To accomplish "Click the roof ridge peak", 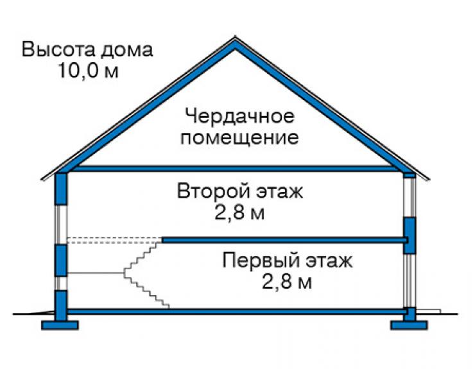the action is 235,37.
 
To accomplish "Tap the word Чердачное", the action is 239,116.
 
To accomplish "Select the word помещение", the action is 239,138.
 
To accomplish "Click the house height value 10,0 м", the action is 88,71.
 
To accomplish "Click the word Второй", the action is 214,191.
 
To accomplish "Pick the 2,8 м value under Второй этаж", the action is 239,212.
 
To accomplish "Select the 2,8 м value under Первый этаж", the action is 286,282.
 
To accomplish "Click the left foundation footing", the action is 60,325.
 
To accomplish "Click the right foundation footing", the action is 409,325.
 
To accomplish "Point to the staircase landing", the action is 96,273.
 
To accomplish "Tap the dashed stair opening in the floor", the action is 114,240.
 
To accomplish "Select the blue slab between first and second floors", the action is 284,240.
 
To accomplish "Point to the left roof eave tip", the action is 42,179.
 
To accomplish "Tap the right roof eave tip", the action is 428,179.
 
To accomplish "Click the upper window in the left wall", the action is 61,225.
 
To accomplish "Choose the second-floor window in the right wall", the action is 409,197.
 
